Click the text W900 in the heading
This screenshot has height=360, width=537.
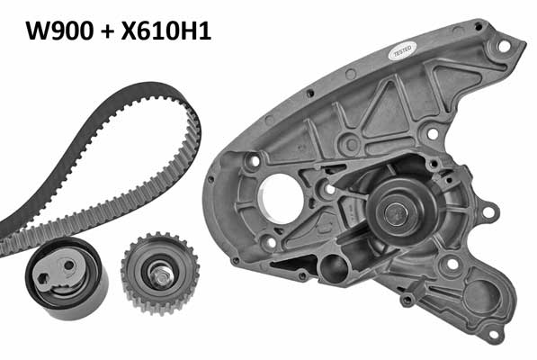pyautogui.click(x=59, y=31)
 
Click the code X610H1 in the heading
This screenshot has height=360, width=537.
pyautogui.click(x=166, y=31)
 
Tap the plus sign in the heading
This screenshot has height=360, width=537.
pyautogui.click(x=107, y=31)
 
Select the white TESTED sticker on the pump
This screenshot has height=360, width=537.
pyautogui.click(x=404, y=51)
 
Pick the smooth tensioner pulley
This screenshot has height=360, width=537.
pyautogui.click(x=66, y=278)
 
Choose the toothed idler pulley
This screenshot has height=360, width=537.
pyautogui.click(x=160, y=273)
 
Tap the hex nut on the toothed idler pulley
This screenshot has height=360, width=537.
pyautogui.click(x=161, y=274)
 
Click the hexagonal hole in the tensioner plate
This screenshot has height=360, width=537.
pyautogui.click(x=42, y=279)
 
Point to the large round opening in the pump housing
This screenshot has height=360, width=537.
pyautogui.click(x=281, y=199)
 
